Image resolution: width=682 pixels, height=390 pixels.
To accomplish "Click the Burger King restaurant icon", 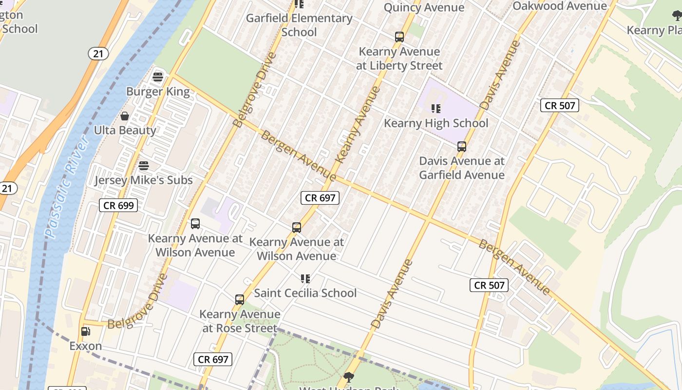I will coord(158,77).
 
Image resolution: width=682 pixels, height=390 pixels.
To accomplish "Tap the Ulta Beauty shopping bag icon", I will coord(125,116).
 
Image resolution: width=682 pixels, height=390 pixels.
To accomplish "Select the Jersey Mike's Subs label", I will coord(144,180).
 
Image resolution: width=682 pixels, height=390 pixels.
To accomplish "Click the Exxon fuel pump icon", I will coord(85,331).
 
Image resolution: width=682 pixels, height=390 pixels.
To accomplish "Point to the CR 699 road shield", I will coord(118,205).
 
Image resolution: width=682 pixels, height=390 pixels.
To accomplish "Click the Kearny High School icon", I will coord(436,109).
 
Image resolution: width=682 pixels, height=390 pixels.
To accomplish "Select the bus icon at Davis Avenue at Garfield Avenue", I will coord(461,146).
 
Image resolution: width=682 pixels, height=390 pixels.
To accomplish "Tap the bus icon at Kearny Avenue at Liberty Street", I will coord(399,37).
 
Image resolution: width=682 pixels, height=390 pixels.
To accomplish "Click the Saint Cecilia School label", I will coord(305,293).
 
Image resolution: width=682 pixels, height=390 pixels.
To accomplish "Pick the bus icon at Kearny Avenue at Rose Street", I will coord(239,300).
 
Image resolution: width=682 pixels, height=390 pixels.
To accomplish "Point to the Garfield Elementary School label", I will coord(299,25).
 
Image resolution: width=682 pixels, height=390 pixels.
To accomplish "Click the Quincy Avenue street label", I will coord(424,7).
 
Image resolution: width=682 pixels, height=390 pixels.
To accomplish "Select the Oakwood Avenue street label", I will coord(560,6).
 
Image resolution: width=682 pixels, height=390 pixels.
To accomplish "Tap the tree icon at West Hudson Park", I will coord(348,377).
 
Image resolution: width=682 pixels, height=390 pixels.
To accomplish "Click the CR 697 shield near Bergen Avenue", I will coord(319,197).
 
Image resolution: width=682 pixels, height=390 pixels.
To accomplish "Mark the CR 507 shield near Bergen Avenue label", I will coord(489,285).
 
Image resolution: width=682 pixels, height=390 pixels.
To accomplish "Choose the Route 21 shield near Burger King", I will coord(98,54).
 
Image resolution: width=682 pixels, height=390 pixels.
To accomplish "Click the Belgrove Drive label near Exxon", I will coord(138,302).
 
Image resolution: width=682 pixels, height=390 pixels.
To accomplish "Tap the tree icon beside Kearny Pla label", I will coord(677,16).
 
